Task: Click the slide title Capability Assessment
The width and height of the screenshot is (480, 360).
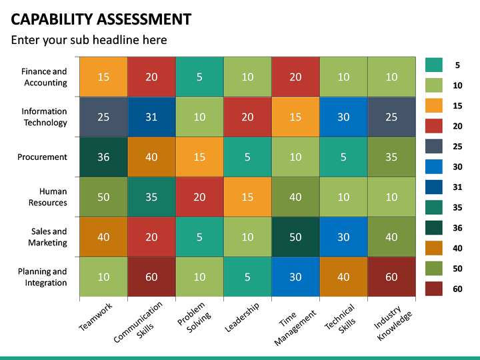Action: coord(101,19)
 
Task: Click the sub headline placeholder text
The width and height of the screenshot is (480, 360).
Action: coord(89,40)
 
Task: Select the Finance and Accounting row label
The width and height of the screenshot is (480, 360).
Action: coord(45,77)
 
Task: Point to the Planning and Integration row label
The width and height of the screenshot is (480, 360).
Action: coord(42,277)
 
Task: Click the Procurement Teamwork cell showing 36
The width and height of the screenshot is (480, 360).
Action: coord(103,157)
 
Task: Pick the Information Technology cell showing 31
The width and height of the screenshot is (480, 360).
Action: coord(151,117)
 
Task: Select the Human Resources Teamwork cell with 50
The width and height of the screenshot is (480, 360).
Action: coord(103,197)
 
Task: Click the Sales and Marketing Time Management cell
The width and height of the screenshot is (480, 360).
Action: coord(295,237)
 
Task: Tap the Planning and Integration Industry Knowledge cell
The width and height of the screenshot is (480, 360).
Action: coord(391,277)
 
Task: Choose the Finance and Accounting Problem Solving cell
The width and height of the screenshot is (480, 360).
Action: coord(199,77)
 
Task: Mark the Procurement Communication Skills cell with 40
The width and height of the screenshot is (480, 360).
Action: coord(151,157)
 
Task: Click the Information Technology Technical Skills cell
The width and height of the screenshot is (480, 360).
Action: coord(343,117)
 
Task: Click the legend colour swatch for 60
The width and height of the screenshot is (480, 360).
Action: coord(434,289)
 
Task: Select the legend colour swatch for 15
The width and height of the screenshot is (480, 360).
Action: coord(434,105)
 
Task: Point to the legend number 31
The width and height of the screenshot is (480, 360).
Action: coord(457,187)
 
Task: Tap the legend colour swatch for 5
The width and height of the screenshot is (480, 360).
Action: coord(434,65)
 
